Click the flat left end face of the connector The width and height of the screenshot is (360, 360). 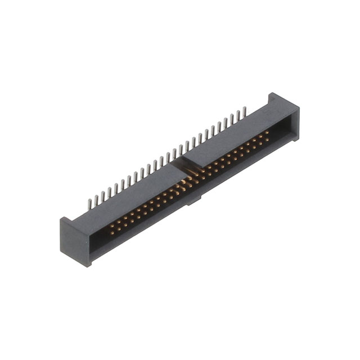coord(75,242)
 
